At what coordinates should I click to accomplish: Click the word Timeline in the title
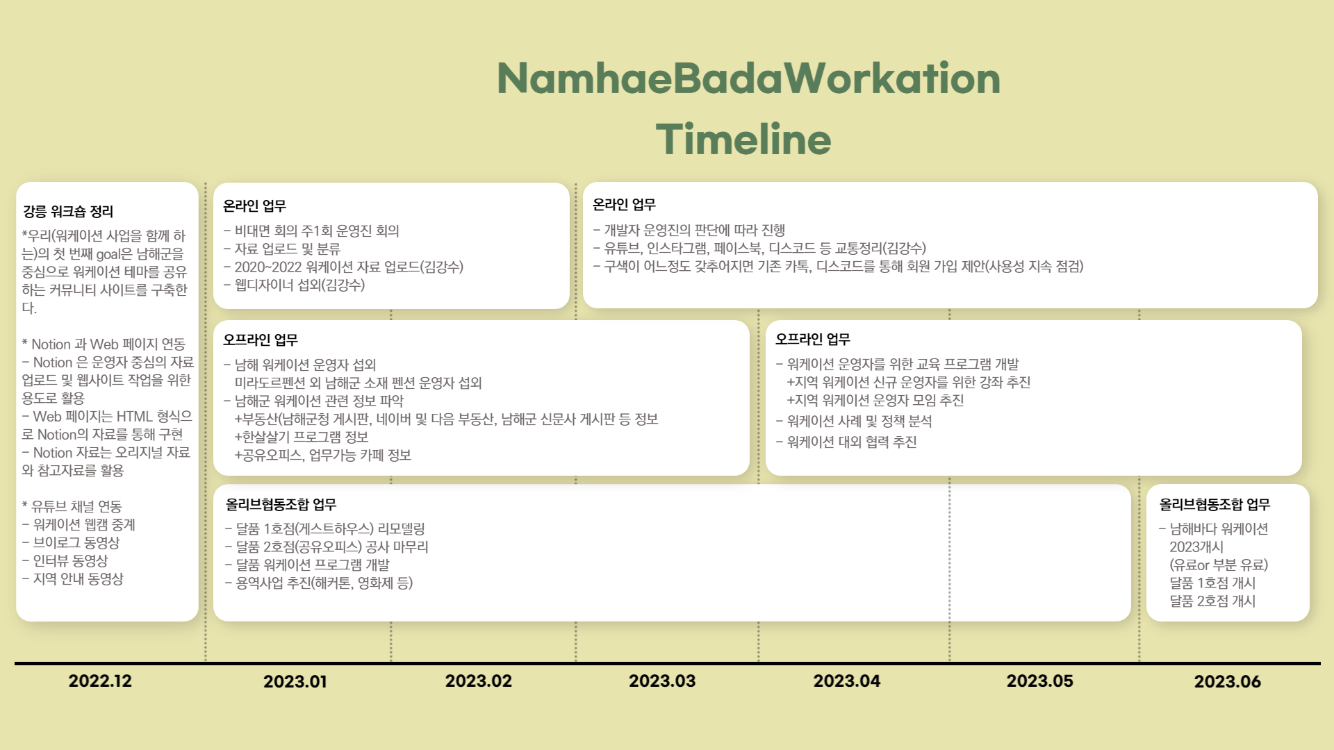[x=743, y=139]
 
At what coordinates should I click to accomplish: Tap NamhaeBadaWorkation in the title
[x=749, y=78]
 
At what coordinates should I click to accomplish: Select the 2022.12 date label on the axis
[x=100, y=681]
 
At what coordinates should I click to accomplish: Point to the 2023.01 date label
[x=295, y=681]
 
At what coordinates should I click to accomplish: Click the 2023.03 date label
[x=662, y=681]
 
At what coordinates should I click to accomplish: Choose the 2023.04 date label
[x=847, y=681]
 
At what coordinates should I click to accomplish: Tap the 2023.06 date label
[x=1228, y=681]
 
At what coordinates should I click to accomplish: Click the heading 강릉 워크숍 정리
[x=68, y=211]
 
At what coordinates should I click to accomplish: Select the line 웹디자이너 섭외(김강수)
[x=294, y=285]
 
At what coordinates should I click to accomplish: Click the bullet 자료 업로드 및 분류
[x=282, y=249]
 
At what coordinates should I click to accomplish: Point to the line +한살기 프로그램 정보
[x=302, y=437]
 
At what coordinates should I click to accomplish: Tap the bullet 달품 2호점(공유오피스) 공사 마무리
[x=327, y=547]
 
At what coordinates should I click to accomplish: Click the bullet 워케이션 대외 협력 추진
[x=846, y=442]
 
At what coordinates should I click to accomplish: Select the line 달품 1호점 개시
[x=1212, y=583]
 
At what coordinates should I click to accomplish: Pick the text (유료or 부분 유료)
[x=1219, y=565]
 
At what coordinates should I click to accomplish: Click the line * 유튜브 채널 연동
[x=72, y=506]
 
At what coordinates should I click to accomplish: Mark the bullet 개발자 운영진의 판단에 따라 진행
[x=689, y=230]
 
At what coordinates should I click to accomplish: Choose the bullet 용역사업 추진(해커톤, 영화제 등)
[x=319, y=583]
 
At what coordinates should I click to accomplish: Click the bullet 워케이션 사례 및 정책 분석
[x=854, y=421]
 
